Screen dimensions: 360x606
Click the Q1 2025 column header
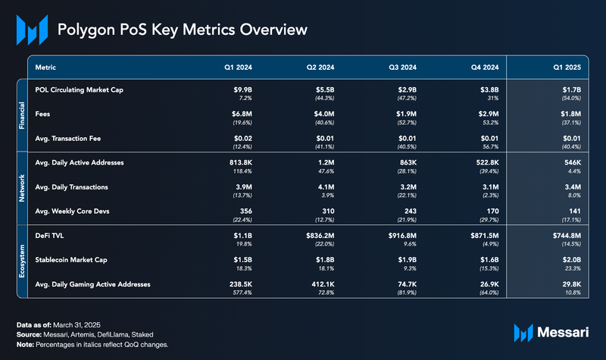tap(567, 67)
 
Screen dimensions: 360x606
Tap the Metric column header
tap(46, 67)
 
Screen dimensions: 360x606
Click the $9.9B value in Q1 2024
tap(242, 89)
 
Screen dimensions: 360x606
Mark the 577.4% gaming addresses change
tap(241, 293)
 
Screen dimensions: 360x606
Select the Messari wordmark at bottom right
tap(564, 332)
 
